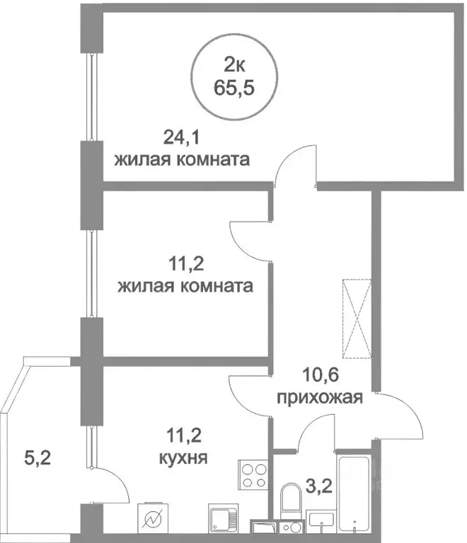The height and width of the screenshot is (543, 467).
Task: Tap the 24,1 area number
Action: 178,135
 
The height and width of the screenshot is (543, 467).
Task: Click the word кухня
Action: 183,457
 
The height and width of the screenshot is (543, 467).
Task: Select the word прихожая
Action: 319,396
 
